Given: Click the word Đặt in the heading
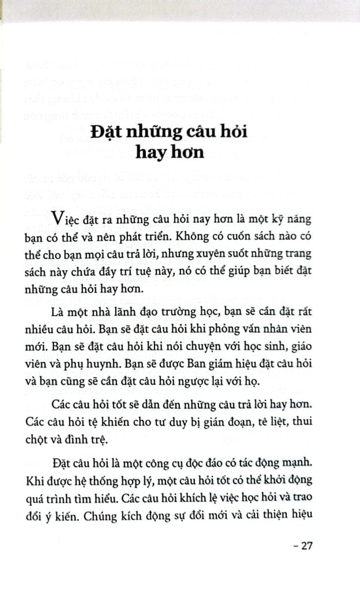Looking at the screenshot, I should pyautogui.click(x=106, y=132).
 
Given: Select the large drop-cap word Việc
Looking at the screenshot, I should pyautogui.click(x=69, y=219).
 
